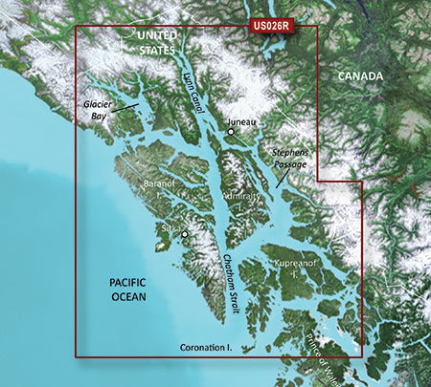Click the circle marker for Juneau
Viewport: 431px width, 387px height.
pyautogui.click(x=231, y=132)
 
